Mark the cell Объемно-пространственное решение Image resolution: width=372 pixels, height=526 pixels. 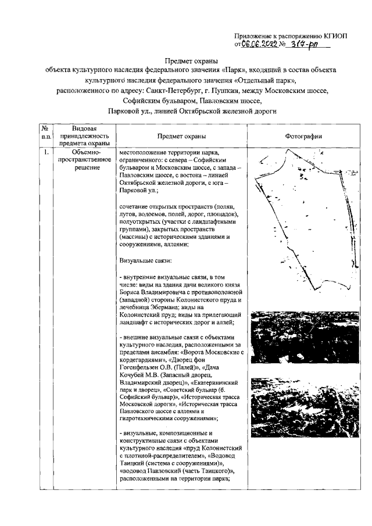click(x=84, y=160)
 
